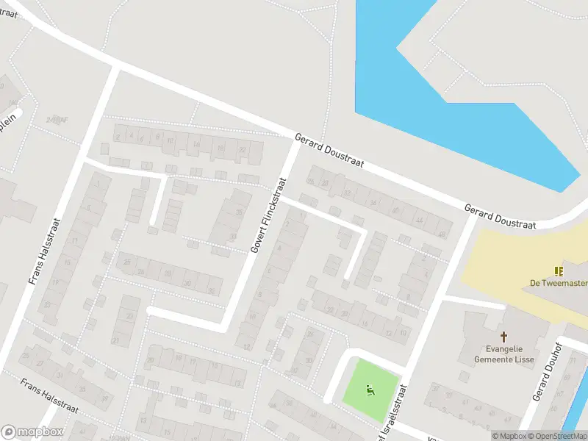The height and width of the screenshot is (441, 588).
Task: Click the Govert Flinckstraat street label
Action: (x=268, y=215)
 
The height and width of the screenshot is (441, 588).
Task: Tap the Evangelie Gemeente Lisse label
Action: (x=503, y=355)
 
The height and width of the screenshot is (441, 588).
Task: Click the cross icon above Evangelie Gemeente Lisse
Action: (x=503, y=336)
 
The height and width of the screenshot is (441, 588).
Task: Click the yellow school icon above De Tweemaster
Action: (x=558, y=270)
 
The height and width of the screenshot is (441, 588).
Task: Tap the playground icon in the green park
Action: (x=370, y=390)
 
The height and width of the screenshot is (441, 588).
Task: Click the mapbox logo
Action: (x=32, y=432)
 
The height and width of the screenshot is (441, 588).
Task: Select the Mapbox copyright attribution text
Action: (x=510, y=436)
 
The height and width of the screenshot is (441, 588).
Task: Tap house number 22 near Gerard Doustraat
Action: (x=242, y=149)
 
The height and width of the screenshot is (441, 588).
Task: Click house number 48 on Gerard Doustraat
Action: (x=442, y=234)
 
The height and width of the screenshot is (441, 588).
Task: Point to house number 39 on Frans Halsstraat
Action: (x=104, y=398)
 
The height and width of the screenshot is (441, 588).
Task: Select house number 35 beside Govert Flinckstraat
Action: (x=239, y=212)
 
